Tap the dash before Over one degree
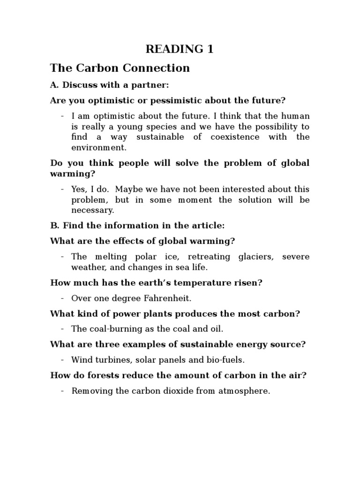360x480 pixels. (62, 298)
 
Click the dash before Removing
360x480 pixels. (62, 390)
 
